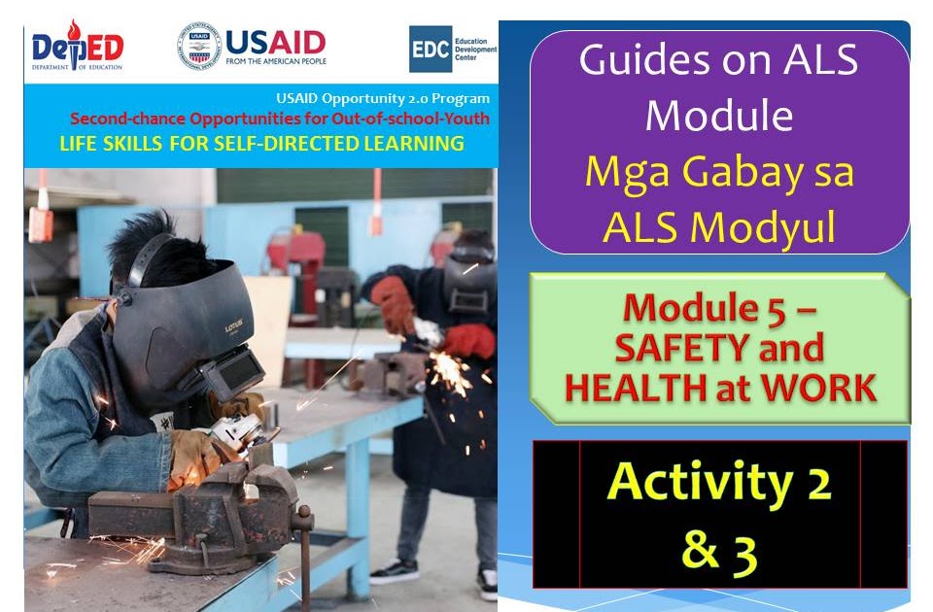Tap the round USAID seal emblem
coord(198,46)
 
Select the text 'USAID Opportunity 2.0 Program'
coord(383,99)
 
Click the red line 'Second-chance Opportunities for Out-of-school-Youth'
coord(280,119)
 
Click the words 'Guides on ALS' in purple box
coord(718,61)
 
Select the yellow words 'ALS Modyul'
coord(719,225)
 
